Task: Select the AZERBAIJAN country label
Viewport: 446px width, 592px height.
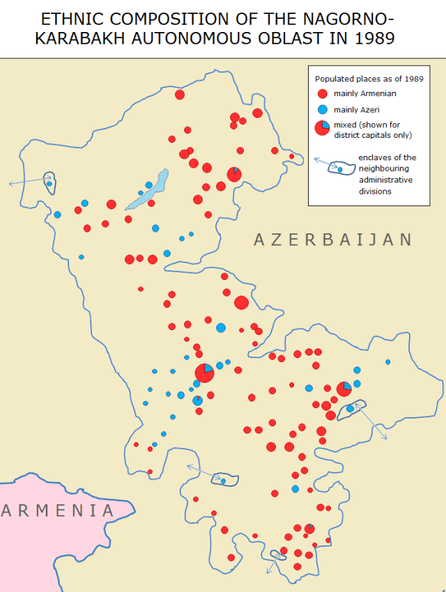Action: (x=332, y=240)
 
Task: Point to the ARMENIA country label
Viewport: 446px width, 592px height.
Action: (x=57, y=511)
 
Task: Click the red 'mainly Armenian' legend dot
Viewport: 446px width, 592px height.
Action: (x=321, y=94)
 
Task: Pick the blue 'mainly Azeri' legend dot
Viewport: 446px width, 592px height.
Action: (x=321, y=109)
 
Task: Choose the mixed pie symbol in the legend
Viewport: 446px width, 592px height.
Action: (x=322, y=127)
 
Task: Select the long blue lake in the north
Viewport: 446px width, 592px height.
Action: (x=148, y=190)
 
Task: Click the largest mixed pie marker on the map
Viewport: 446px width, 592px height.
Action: (x=204, y=373)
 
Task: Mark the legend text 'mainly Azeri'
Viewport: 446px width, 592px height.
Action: (x=356, y=109)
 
